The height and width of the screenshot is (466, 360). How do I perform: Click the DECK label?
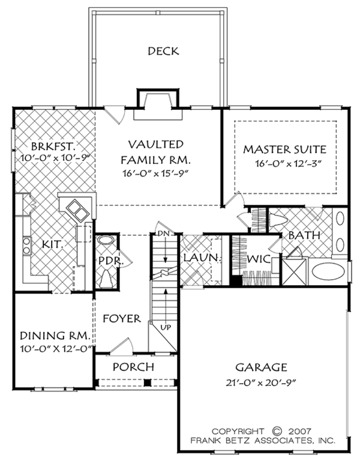coord(163,51)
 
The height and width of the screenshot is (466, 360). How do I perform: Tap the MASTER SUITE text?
coord(285,148)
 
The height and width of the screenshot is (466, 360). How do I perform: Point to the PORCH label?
coord(133,366)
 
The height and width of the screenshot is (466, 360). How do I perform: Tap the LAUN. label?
coord(196,258)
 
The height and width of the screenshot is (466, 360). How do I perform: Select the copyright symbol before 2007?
coord(277,431)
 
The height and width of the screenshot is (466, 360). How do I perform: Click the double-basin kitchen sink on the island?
coord(77,208)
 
